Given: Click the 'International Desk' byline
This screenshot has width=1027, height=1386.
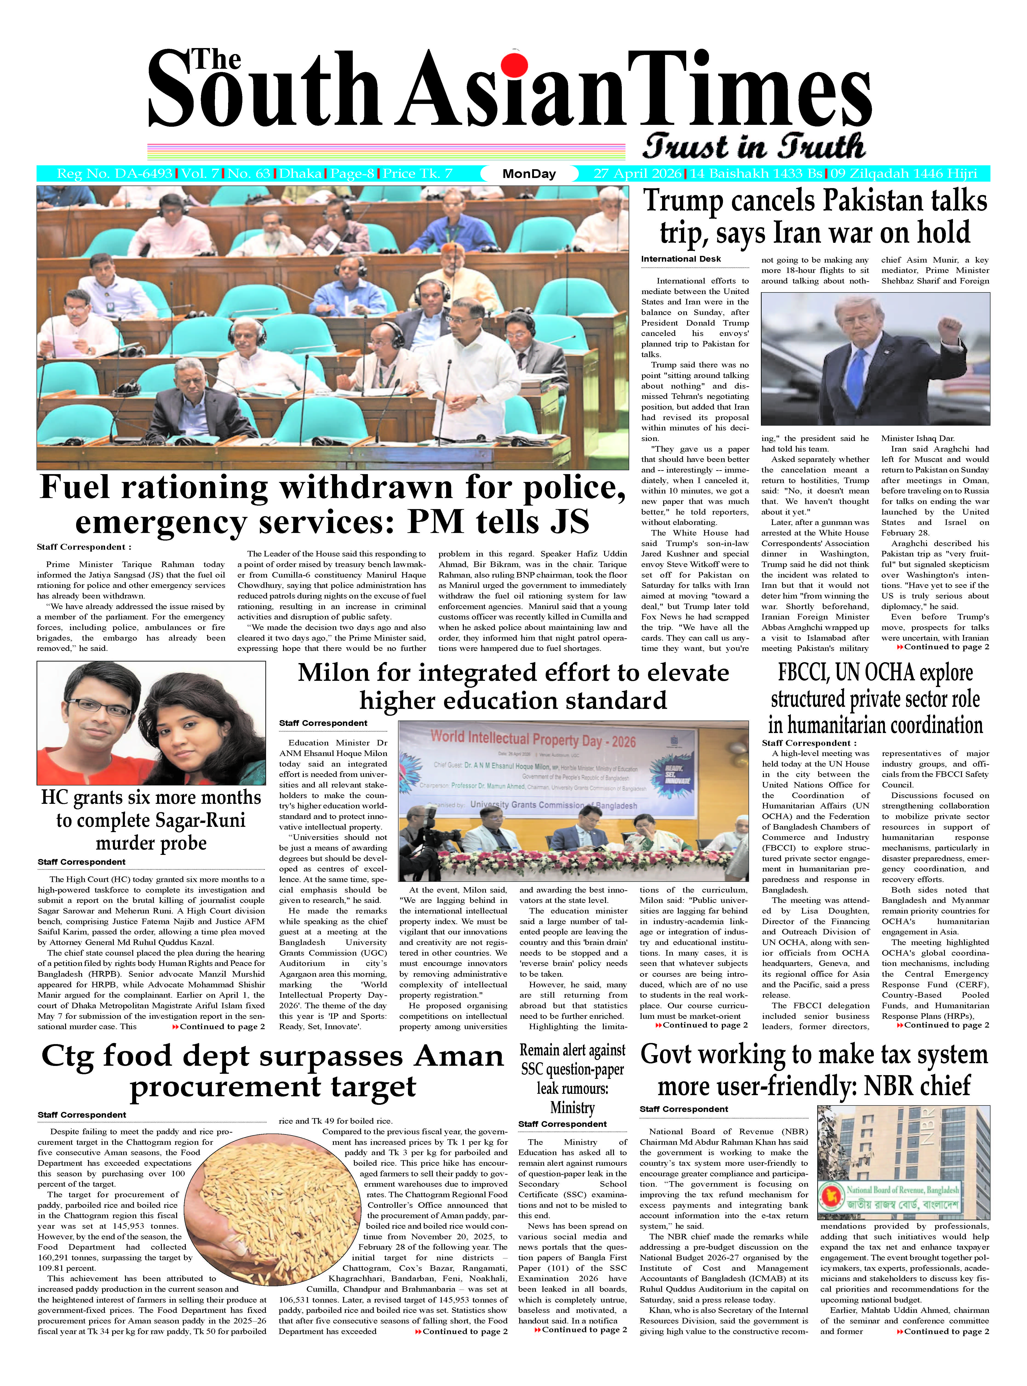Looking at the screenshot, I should pos(681,259).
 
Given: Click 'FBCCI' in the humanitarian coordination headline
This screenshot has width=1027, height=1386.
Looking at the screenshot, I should pos(803,673).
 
